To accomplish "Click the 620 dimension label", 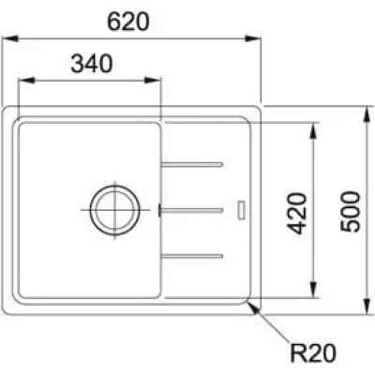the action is [x=128, y=22].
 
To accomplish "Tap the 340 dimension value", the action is [x=92, y=64].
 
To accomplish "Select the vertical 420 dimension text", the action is [x=297, y=214].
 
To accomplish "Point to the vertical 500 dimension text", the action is [x=351, y=212].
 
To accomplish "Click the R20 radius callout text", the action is [x=313, y=353].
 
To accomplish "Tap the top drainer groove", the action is [x=191, y=164].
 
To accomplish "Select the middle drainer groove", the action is [x=191, y=210].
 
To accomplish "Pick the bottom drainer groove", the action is [x=191, y=256].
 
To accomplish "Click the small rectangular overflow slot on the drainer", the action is [x=242, y=211].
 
